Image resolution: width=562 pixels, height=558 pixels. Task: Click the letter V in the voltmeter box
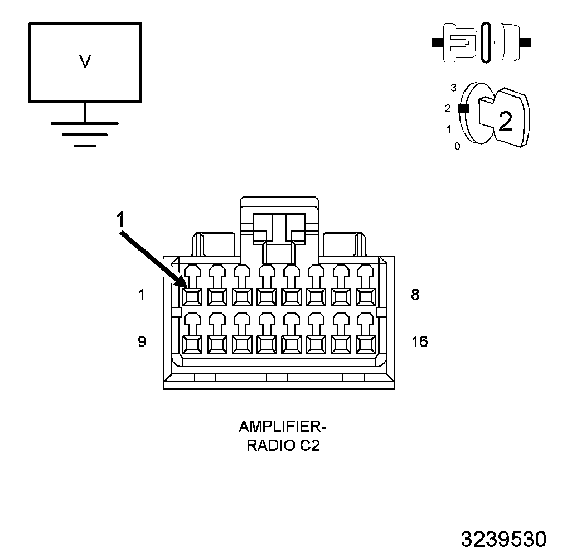85,61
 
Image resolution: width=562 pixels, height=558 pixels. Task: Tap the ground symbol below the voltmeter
85,133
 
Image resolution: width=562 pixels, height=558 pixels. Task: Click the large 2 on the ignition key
505,121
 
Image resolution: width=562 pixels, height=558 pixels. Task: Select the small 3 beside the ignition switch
453,88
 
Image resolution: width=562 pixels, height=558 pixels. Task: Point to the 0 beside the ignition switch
457,147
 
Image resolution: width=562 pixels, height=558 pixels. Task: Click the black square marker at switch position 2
463,109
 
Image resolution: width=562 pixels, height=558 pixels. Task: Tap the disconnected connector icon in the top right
482,42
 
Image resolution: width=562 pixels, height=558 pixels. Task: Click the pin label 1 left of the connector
142,295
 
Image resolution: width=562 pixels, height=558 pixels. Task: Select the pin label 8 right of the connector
415,295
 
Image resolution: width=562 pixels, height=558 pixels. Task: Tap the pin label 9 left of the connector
142,341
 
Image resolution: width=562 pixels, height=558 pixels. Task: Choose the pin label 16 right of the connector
419,341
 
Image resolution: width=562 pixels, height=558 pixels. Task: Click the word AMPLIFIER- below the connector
282,427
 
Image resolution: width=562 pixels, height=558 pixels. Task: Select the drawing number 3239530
503,540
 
